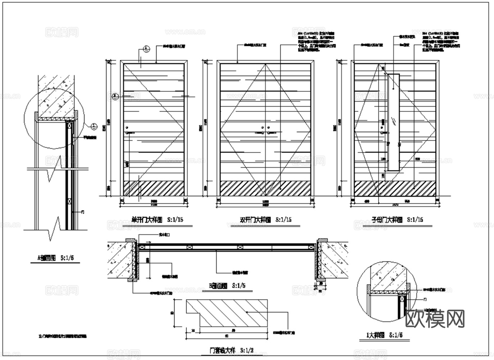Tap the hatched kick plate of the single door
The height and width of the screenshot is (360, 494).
(154, 189)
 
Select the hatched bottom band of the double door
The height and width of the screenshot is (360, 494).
(265, 189)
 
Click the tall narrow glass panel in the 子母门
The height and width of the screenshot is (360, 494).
(394, 122)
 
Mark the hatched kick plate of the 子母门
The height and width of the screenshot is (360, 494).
(395, 189)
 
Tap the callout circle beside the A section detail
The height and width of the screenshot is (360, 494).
(93, 126)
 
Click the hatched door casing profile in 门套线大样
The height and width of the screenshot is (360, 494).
(227, 312)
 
